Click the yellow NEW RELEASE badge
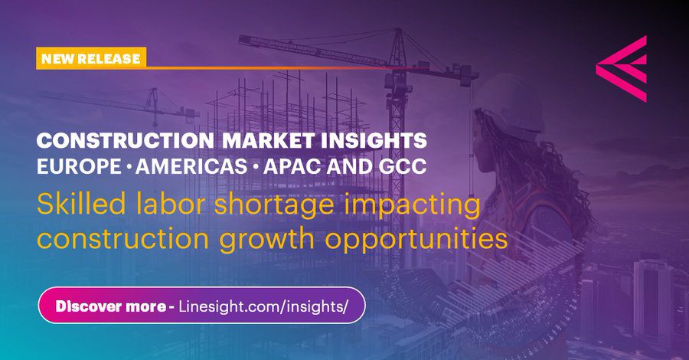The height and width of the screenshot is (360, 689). tap(90, 58)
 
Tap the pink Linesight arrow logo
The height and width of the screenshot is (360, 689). tap(622, 69)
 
